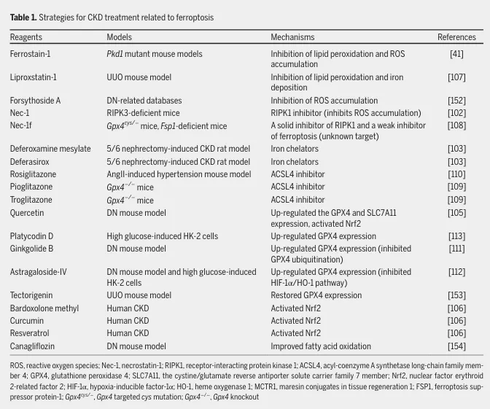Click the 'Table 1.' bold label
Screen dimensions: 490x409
(23, 17)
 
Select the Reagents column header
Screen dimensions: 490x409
(26, 37)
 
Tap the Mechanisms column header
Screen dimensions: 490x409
(292, 37)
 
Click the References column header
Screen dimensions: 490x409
(456, 37)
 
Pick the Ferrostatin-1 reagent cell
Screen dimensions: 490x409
(30, 54)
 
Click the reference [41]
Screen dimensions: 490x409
(456, 54)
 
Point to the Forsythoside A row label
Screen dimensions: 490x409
(35, 101)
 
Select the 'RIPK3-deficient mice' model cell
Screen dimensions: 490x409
(143, 113)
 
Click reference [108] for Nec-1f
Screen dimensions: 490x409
(456, 125)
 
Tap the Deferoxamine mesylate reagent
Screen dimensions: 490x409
(50, 149)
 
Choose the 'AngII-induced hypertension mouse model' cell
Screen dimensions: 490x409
(179, 174)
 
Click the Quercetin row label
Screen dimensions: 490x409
(27, 213)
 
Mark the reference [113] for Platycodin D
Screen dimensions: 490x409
(456, 236)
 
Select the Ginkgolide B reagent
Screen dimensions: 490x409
(31, 249)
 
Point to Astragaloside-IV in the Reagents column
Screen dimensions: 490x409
(38, 272)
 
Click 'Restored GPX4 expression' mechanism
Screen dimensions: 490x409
(316, 295)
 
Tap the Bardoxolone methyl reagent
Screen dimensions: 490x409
(44, 308)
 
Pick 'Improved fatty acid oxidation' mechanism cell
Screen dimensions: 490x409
(321, 346)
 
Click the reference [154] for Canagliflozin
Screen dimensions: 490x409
(456, 346)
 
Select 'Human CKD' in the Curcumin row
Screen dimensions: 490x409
(128, 321)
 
